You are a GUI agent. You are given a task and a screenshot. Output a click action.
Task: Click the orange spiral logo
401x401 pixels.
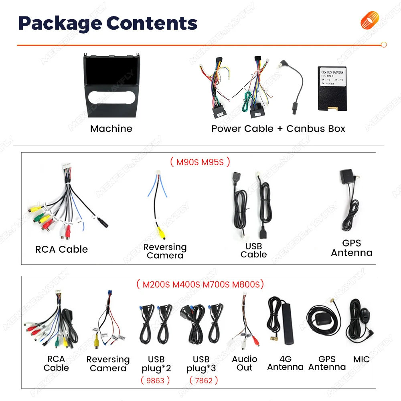coord(370,20)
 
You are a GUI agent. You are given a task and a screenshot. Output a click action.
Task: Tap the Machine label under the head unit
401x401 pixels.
coord(111,129)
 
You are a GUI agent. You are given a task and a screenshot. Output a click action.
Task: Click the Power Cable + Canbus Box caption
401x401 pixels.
coord(278,129)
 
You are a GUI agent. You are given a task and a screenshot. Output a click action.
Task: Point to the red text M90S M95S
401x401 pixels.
coord(200,162)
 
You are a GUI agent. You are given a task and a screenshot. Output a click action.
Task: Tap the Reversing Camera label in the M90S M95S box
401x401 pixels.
coord(165,251)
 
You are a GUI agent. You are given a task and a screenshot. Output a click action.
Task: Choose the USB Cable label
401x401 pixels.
coord(253,250)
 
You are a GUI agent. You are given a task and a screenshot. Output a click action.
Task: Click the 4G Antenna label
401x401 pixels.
coord(285,363)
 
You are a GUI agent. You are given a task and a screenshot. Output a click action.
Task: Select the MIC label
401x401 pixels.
coord(361,359)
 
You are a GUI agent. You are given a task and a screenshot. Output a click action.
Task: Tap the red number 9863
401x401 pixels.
coord(155,380)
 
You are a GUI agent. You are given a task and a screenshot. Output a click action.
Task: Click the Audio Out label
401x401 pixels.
coord(245,363)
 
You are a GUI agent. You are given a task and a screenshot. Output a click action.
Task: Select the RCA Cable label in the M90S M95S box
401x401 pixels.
coord(61,249)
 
